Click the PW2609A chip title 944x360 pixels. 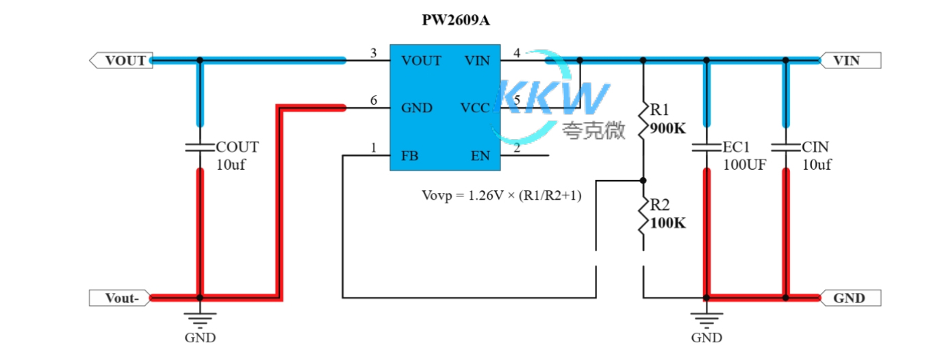pos(455,21)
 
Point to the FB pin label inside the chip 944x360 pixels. pos(410,156)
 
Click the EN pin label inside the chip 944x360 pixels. pos(480,156)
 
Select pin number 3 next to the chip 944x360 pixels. pos(373,53)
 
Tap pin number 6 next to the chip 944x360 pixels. pos(373,100)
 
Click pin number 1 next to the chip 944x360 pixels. pos(373,147)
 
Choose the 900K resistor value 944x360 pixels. pos(667,128)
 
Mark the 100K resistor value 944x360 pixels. pos(667,222)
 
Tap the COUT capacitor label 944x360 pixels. pos(238,147)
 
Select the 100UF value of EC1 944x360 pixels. pos(744,164)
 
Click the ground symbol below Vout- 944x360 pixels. pos(200,318)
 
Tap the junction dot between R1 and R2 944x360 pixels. pos(643,181)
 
